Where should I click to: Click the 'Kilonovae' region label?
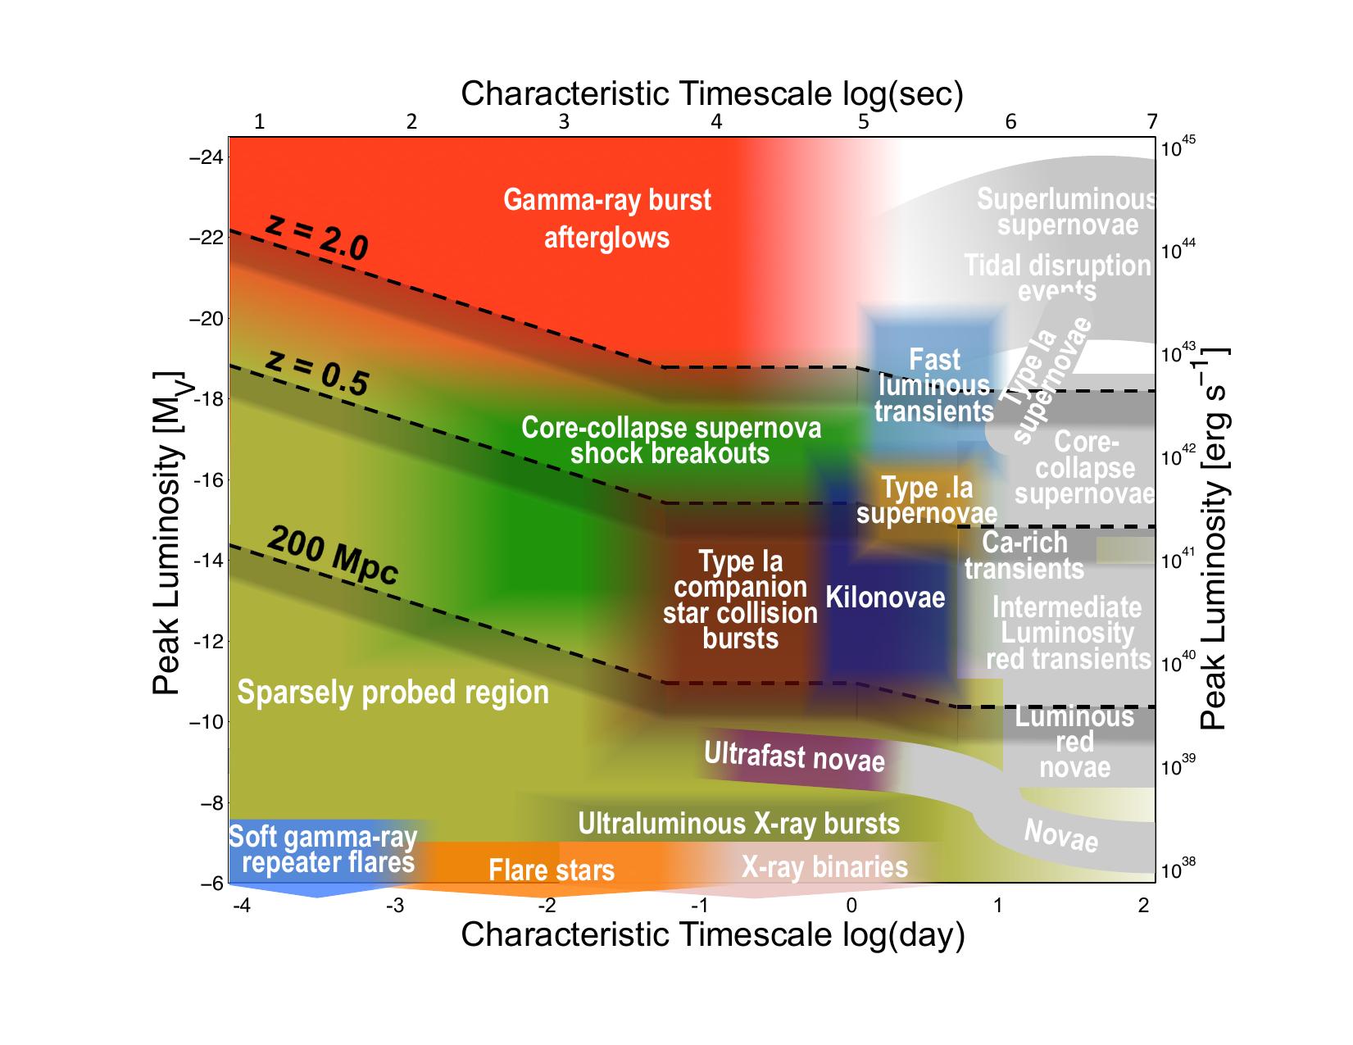coord(885,597)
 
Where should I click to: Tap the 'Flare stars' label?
coord(552,870)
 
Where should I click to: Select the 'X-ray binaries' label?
coord(824,866)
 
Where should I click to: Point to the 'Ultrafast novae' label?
coord(794,756)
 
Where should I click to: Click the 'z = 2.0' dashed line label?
coord(317,238)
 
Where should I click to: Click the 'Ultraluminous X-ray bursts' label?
coord(738,823)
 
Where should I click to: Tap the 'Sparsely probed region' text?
coord(393,693)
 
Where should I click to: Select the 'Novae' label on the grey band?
coord(1061,836)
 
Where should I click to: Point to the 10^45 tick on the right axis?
coord(1179,148)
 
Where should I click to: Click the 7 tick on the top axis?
coord(1152,122)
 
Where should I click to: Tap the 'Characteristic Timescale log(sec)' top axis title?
coord(711,94)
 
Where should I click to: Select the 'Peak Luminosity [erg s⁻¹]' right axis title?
coord(1213,538)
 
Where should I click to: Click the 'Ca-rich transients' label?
coord(1024,555)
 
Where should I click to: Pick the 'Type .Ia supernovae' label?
coord(927,500)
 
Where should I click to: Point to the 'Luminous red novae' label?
coord(1074,742)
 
